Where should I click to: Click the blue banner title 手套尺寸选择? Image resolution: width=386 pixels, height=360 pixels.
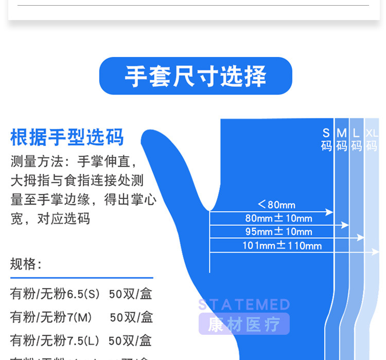click(x=196, y=76)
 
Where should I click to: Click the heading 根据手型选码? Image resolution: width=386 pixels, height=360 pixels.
click(x=67, y=138)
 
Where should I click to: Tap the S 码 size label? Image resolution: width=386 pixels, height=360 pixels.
click(x=326, y=139)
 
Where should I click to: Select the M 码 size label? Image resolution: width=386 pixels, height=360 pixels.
click(x=342, y=139)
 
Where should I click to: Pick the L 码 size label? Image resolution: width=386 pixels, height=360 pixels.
click(x=356, y=139)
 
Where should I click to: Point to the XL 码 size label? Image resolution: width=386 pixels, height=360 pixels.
click(x=372, y=139)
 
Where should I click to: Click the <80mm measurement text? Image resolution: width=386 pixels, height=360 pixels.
click(x=276, y=205)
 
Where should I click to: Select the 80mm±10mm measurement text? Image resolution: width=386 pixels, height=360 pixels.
click(x=278, y=218)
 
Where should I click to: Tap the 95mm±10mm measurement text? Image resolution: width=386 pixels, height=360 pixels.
click(x=278, y=231)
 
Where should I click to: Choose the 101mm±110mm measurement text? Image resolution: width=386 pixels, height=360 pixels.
click(x=282, y=245)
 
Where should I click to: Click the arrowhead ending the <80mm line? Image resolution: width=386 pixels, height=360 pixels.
click(x=329, y=212)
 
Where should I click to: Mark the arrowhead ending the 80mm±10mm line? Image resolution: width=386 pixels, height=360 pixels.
click(x=345, y=225)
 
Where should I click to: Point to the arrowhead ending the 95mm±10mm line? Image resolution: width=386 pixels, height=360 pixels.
click(x=360, y=238)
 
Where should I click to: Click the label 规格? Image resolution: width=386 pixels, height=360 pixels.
click(x=26, y=264)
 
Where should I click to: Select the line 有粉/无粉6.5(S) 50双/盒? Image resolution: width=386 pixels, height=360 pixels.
click(x=81, y=294)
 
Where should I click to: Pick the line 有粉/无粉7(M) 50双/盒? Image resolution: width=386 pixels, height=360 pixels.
click(x=81, y=317)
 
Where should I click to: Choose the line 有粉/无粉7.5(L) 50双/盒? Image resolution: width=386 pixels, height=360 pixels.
click(x=81, y=340)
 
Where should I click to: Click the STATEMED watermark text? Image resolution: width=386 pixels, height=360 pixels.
click(x=244, y=304)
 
